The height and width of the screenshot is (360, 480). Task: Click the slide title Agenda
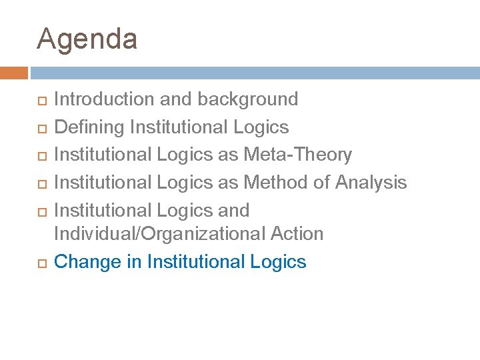coord(87,39)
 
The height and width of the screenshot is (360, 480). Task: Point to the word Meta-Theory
coord(297,155)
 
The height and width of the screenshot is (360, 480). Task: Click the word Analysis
coord(371,182)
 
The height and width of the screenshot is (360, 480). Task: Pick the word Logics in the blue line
coord(278,262)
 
